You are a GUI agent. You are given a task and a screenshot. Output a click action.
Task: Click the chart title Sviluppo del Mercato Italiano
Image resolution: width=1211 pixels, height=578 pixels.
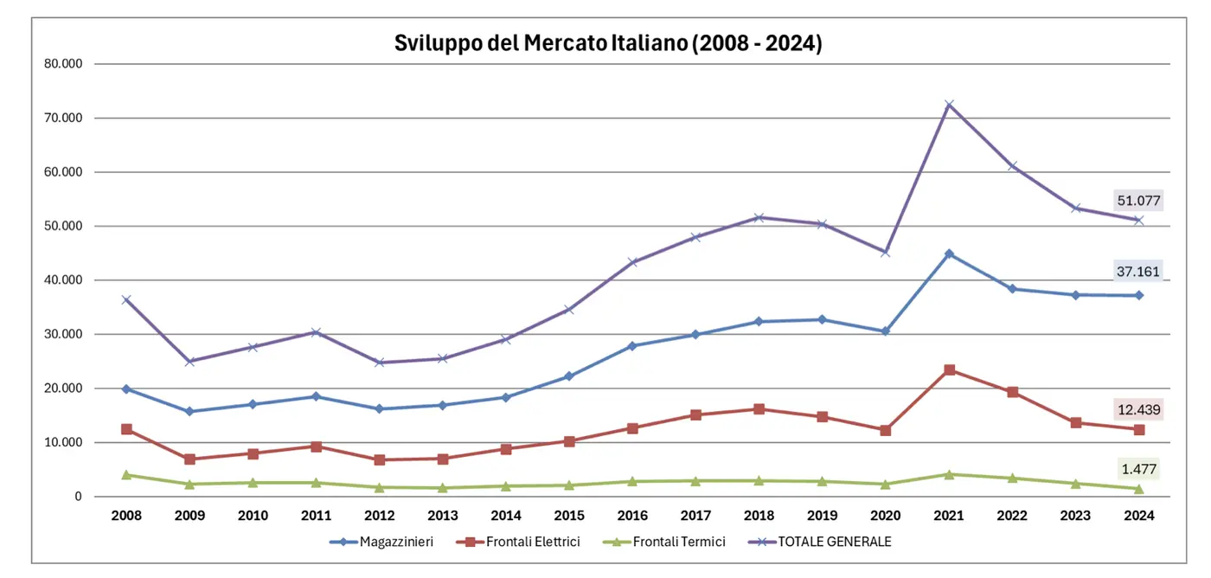click(x=607, y=43)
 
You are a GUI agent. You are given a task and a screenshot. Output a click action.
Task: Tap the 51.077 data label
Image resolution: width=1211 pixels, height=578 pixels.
click(x=1138, y=201)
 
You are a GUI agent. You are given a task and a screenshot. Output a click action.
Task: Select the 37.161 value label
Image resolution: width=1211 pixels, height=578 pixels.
click(x=1138, y=272)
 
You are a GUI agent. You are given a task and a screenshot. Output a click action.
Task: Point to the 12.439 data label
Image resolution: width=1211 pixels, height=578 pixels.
click(x=1138, y=409)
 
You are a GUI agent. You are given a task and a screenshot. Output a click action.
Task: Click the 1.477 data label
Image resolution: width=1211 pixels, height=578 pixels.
click(x=1138, y=470)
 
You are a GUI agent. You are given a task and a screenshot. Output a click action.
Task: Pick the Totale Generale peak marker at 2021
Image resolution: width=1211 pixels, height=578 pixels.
click(x=949, y=105)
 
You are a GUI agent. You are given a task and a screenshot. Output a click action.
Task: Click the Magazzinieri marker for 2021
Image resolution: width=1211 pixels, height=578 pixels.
click(x=949, y=254)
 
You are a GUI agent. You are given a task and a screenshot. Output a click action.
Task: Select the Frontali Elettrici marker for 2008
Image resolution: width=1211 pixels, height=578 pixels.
click(x=126, y=429)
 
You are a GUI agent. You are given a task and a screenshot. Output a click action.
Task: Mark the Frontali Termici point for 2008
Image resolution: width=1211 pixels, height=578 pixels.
click(x=126, y=474)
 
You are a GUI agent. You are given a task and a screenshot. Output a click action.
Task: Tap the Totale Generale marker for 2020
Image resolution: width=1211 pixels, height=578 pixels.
click(x=886, y=252)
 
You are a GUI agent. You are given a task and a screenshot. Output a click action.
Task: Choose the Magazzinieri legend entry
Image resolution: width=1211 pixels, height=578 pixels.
click(x=381, y=543)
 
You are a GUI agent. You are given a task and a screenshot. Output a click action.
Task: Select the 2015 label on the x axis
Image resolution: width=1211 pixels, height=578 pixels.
click(x=569, y=516)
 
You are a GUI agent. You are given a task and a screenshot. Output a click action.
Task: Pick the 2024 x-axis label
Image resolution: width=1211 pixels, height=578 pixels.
click(x=1138, y=516)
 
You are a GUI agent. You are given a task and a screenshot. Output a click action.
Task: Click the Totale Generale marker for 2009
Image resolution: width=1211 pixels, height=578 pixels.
click(x=189, y=362)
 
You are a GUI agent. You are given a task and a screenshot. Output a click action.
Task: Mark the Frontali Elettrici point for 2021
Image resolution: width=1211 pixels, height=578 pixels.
click(x=949, y=369)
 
